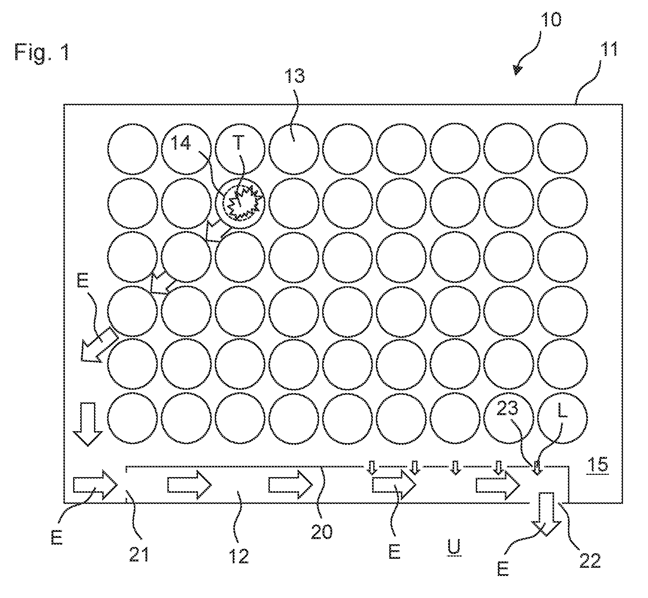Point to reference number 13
[x=295, y=76]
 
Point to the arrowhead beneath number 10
[x=518, y=69]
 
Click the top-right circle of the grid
[x=563, y=149]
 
